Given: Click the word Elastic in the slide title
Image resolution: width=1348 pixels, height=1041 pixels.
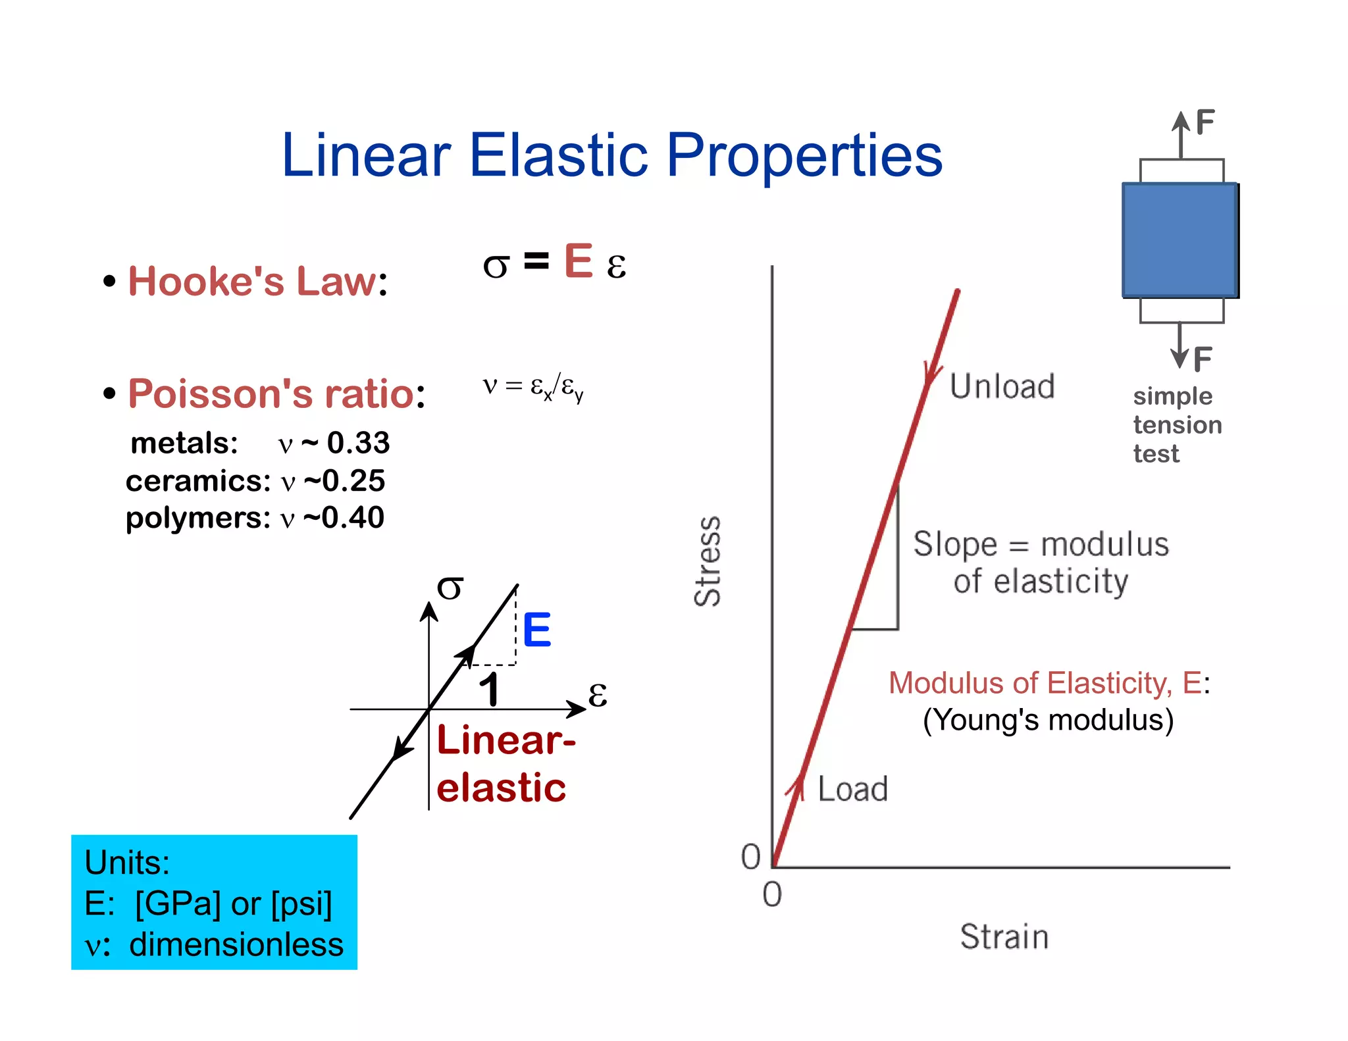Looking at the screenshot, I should (x=558, y=155).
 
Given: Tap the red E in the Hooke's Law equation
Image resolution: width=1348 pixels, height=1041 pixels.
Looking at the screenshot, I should (x=579, y=261).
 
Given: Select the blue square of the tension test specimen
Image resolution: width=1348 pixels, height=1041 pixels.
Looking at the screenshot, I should (x=1179, y=240).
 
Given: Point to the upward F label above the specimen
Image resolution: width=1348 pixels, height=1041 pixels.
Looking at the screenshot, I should (x=1205, y=122).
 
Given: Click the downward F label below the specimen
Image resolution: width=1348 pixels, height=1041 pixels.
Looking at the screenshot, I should (x=1202, y=359).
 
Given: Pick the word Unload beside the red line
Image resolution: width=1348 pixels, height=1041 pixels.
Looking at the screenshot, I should (x=1002, y=386).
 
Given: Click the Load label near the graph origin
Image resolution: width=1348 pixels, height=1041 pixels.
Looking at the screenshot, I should (x=852, y=789).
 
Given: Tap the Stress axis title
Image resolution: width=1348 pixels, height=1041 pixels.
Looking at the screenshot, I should (x=708, y=561).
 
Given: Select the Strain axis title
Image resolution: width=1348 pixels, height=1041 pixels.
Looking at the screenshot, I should (x=1004, y=936).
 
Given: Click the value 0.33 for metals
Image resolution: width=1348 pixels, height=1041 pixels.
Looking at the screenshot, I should (x=358, y=443).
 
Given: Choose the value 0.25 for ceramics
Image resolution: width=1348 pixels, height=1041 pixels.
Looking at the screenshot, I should (x=353, y=481).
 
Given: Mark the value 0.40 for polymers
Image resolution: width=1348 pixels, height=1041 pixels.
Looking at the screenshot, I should (x=352, y=518).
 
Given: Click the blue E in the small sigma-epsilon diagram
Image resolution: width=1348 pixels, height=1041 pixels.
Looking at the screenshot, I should (x=536, y=630).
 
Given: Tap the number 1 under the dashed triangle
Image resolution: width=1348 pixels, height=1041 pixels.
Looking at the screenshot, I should (x=489, y=690).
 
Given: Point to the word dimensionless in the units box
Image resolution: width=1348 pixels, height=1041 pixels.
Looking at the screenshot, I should (x=236, y=944).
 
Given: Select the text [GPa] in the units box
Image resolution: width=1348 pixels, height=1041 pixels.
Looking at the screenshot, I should (x=178, y=903).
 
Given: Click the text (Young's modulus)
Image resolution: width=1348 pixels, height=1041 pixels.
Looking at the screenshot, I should (x=1048, y=720).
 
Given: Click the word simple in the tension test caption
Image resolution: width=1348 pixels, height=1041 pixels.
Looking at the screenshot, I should (x=1172, y=396).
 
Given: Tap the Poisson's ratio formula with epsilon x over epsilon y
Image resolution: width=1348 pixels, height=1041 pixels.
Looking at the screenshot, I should (x=533, y=386).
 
